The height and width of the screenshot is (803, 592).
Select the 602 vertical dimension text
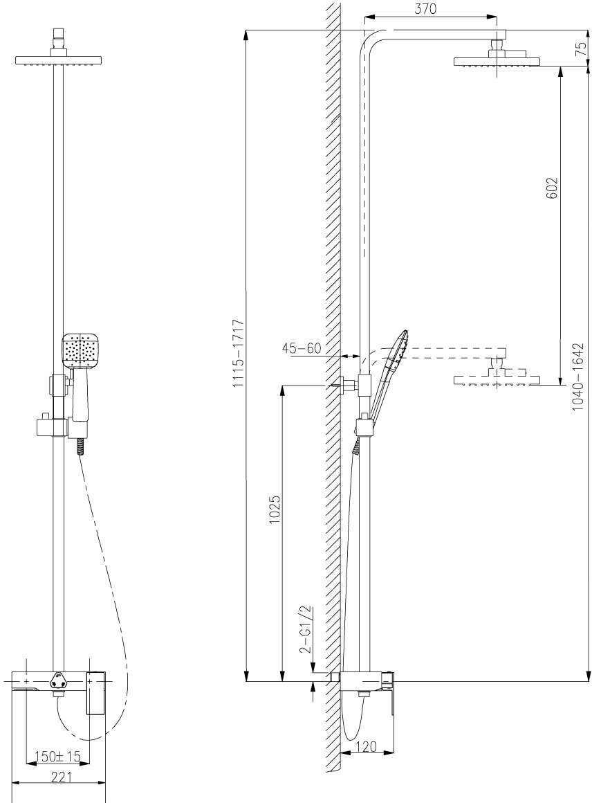tap(551, 188)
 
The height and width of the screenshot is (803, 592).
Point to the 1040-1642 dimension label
tap(580, 377)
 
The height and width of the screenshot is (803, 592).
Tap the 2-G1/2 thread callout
tap(305, 630)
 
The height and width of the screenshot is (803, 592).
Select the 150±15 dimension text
tap(58, 757)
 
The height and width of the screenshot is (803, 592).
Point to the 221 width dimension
tap(61, 777)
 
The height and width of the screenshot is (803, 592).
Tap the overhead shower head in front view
tap(59, 60)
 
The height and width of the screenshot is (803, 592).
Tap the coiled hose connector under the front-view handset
tap(81, 445)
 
